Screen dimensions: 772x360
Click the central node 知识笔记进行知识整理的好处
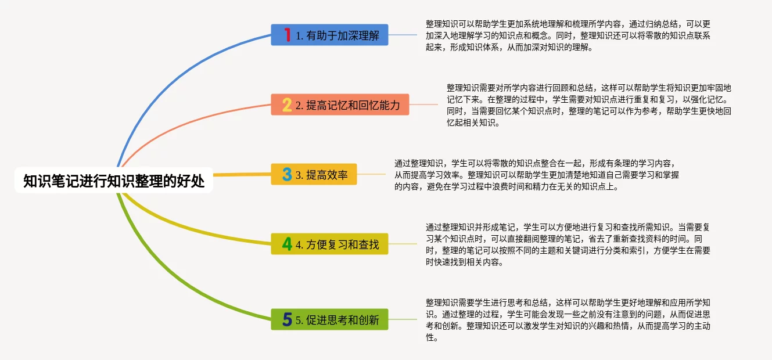click(x=114, y=180)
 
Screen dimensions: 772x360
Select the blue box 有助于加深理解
click(x=329, y=35)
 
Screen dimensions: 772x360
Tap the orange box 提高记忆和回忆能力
click(x=340, y=105)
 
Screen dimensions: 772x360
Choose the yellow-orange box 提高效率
click(x=314, y=174)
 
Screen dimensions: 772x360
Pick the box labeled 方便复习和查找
click(x=329, y=244)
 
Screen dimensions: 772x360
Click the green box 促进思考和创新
click(x=329, y=319)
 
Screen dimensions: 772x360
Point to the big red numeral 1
click(x=288, y=35)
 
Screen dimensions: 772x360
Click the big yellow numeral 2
click(x=287, y=105)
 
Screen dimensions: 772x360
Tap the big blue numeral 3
click(x=287, y=174)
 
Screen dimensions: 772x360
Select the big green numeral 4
click(x=287, y=244)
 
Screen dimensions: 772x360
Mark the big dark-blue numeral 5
click(x=287, y=319)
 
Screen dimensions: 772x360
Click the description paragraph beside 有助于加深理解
click(x=568, y=35)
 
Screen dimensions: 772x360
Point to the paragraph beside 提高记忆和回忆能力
click(x=589, y=105)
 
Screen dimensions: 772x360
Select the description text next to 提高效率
click(x=537, y=175)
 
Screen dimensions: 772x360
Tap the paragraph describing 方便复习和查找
click(x=568, y=244)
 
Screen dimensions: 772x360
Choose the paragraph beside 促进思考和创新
click(x=568, y=320)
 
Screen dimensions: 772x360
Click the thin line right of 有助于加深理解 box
click(x=403, y=35)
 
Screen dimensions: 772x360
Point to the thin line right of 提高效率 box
click(x=371, y=174)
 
